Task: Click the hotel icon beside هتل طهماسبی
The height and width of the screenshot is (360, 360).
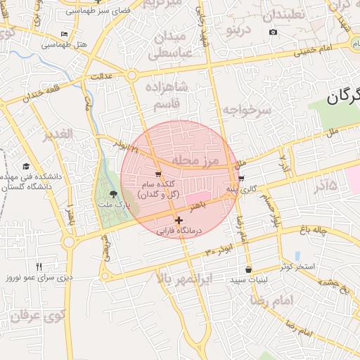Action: (x=65, y=34)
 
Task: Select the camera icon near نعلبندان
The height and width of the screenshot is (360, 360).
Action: (x=273, y=32)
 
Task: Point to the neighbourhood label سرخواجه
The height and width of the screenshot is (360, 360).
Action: (x=247, y=110)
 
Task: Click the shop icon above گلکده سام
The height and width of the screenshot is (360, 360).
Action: (x=158, y=174)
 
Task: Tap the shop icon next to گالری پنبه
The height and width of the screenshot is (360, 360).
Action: (x=242, y=179)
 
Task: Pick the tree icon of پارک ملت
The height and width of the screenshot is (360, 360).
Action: (x=114, y=194)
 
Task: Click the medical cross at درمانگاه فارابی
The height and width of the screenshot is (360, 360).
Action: (x=179, y=221)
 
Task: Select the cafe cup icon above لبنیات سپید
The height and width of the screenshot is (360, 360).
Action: (x=248, y=269)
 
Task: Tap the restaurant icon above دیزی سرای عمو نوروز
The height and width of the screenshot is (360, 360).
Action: (x=39, y=266)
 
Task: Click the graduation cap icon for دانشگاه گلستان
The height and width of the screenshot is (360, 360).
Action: (x=27, y=167)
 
